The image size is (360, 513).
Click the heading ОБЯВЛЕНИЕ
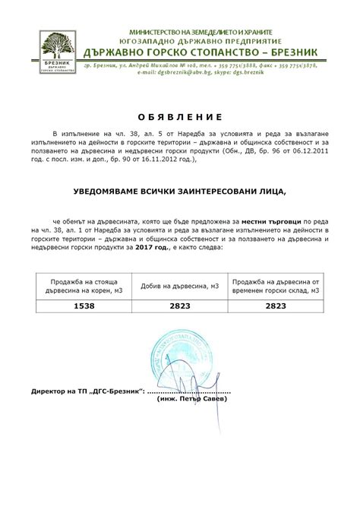point(180,117)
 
